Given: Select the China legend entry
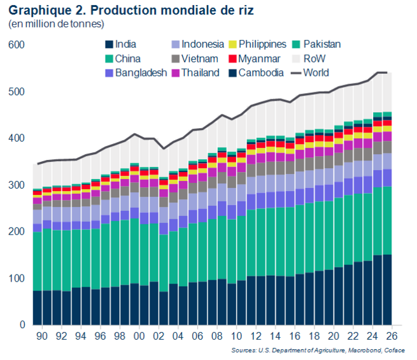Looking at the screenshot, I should click(x=129, y=59).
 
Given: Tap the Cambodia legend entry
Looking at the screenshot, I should click(x=261, y=73).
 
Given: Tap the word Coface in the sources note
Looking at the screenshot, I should click(x=397, y=350).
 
